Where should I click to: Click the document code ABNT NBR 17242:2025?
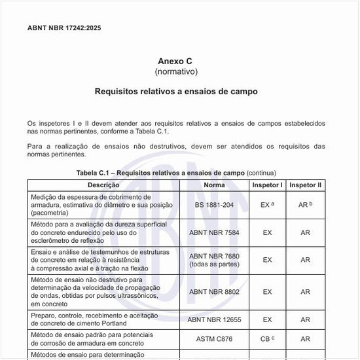64,28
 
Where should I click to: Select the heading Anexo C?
175,61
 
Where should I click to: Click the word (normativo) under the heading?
175,71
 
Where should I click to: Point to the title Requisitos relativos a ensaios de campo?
175,92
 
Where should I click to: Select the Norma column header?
214,185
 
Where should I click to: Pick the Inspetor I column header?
267,185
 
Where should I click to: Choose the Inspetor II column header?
305,185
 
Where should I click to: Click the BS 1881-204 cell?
214,205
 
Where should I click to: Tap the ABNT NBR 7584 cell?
214,232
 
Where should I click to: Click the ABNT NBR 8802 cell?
214,291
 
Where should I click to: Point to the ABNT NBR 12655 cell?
214,319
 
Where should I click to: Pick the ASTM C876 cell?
214,339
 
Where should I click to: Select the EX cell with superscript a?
267,205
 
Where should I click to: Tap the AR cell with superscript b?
305,205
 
